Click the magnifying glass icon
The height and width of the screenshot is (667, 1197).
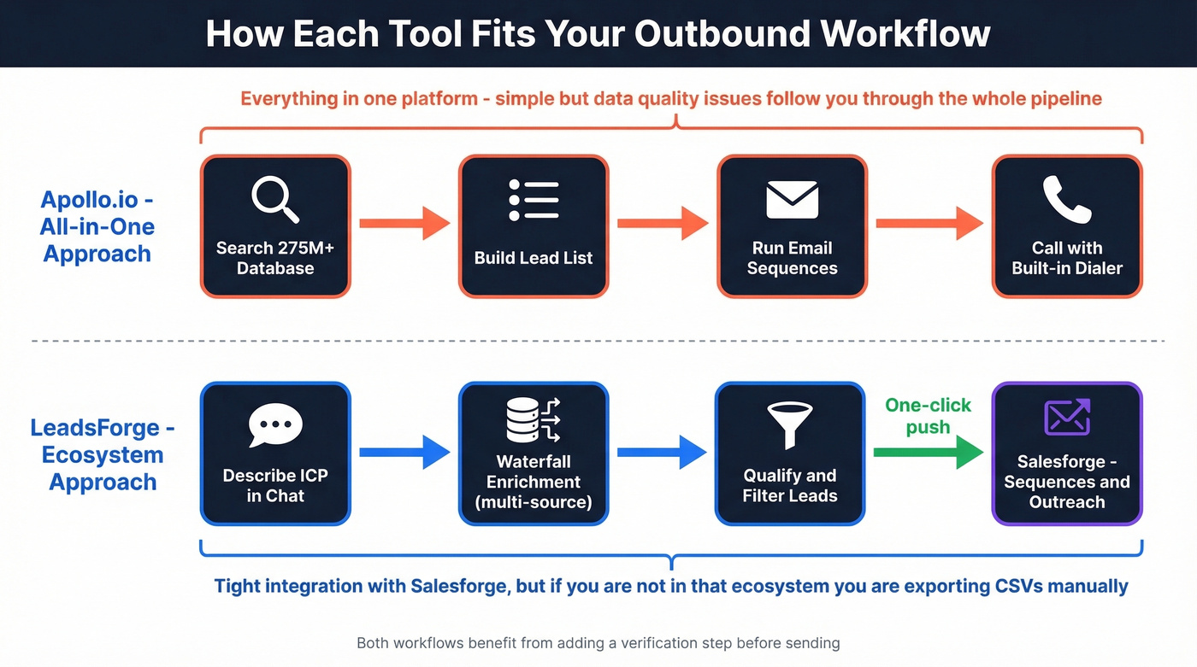pyautogui.click(x=275, y=200)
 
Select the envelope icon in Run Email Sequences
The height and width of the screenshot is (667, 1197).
pyautogui.click(x=792, y=200)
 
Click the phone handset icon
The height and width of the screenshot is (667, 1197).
pyautogui.click(x=1066, y=200)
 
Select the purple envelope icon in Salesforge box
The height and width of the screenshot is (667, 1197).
pyautogui.click(x=1067, y=418)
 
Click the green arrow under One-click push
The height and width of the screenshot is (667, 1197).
pyautogui.click(x=928, y=453)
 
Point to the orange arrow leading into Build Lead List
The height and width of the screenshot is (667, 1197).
pyautogui.click(x=404, y=224)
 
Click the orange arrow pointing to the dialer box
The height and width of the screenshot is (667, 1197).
pyautogui.click(x=929, y=224)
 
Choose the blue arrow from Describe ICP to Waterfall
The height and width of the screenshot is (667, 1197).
pyautogui.click(x=404, y=453)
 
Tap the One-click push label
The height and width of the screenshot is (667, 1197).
pyautogui.click(x=928, y=416)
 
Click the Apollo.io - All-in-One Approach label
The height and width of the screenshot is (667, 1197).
pyautogui.click(x=97, y=226)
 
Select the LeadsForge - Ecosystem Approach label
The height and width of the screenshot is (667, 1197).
pyautogui.click(x=103, y=454)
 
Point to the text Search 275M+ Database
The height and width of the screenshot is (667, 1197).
pyautogui.click(x=275, y=258)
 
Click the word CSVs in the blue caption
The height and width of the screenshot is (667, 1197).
pyautogui.click(x=1033, y=586)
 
